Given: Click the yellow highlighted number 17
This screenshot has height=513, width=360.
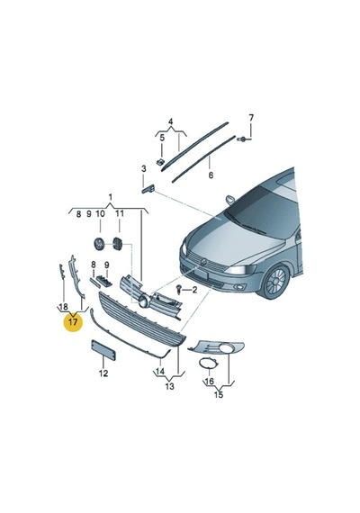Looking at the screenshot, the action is (x=73, y=322).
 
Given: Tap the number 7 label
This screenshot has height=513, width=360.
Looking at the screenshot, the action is (x=251, y=118).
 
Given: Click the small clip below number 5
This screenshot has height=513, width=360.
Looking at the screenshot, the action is (x=160, y=162).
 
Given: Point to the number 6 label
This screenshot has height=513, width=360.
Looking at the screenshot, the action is (x=211, y=175).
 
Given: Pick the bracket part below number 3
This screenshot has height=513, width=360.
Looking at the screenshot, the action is (x=148, y=189).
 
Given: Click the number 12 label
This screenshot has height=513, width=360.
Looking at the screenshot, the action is (x=103, y=373).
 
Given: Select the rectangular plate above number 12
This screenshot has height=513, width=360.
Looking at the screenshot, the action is (x=103, y=350).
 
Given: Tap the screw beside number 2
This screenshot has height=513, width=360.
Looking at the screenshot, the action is (x=179, y=289).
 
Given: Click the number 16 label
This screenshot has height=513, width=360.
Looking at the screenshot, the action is (x=209, y=381).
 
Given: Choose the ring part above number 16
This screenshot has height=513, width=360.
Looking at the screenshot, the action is (x=209, y=363).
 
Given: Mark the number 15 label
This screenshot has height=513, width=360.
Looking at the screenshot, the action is (x=219, y=394).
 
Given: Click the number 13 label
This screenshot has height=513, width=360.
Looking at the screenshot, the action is (x=169, y=386).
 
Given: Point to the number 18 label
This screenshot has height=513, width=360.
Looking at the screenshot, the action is (x=64, y=307).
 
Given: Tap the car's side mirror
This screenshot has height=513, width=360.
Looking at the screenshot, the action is (x=230, y=200).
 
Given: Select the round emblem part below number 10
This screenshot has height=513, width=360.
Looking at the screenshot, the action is (x=99, y=244).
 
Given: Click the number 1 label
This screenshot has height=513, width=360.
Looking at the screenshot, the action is (x=111, y=197).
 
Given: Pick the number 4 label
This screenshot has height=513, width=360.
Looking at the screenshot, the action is (x=170, y=122).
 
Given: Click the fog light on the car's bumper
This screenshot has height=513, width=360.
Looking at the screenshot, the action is (x=240, y=288).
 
